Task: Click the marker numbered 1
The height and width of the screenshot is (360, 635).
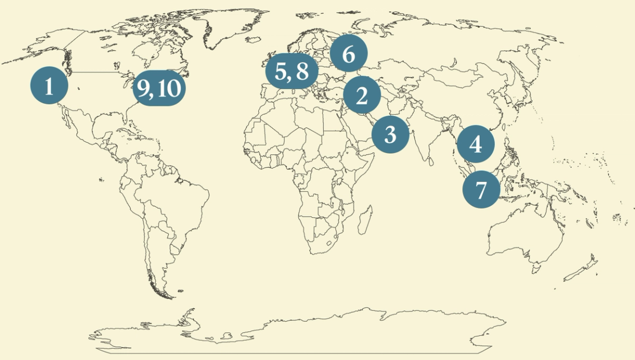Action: click(49, 87)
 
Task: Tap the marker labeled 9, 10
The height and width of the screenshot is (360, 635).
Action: click(159, 88)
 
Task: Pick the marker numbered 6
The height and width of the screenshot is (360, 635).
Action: click(349, 55)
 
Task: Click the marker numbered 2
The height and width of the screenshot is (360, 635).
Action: click(362, 96)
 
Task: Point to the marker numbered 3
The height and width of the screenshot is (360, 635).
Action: click(390, 133)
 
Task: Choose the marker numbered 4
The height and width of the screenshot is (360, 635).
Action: click(476, 144)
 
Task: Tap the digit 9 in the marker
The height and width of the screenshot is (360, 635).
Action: click(144, 88)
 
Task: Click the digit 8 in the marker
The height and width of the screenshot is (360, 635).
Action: click(302, 72)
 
